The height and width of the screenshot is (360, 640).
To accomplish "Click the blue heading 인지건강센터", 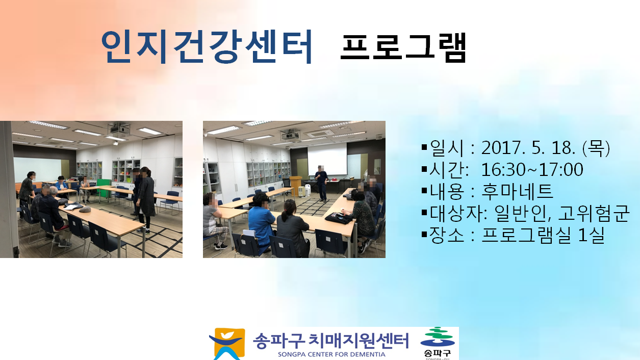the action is click(x=207, y=46).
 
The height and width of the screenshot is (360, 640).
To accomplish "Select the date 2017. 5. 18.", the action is click(x=528, y=148).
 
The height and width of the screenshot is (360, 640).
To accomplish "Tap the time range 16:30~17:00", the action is click(x=532, y=169).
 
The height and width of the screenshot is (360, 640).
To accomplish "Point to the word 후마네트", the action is click(x=517, y=191).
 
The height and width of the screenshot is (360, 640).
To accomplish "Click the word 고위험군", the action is click(x=594, y=213).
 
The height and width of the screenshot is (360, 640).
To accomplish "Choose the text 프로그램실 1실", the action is click(x=543, y=235).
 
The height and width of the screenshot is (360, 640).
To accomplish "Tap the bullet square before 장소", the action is click(x=424, y=235).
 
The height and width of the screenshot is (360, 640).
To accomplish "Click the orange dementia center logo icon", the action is click(x=227, y=344).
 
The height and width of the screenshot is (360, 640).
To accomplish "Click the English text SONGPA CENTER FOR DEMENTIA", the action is click(x=331, y=354).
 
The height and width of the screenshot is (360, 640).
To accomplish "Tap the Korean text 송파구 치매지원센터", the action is click(x=331, y=341).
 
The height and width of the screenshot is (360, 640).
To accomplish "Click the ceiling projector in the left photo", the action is click(x=119, y=128).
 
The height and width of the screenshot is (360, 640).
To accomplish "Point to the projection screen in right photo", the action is click(x=327, y=159).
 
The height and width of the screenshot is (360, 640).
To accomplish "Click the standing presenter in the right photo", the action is click(x=322, y=184).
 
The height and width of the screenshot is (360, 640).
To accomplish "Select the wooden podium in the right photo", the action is click(x=296, y=186).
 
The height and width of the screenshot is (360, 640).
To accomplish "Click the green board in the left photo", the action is click(x=103, y=188).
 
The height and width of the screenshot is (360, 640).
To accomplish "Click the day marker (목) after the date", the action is click(x=596, y=148).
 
